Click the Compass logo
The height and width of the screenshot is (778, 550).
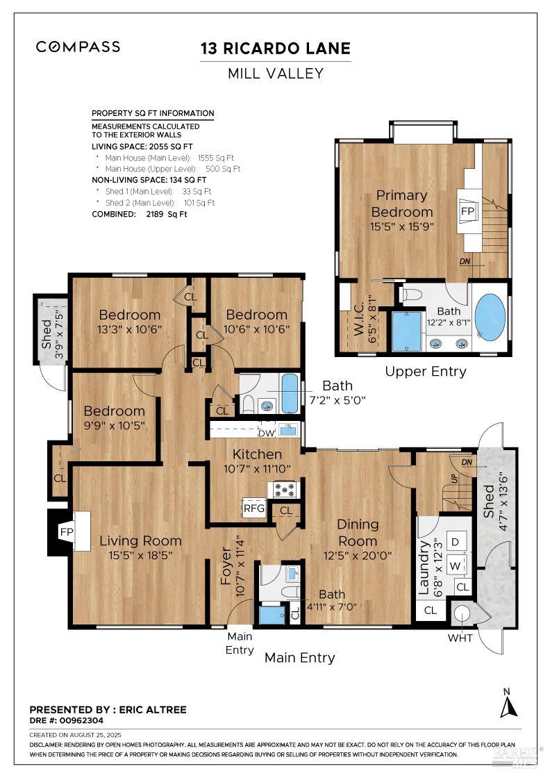click(78, 47)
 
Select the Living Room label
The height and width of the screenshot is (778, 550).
click(140, 541)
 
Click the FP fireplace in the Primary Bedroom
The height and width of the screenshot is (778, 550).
click(467, 211)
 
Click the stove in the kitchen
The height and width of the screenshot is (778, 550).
click(284, 490)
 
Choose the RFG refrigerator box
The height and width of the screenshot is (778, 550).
click(254, 508)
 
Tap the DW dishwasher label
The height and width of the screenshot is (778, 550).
click(267, 433)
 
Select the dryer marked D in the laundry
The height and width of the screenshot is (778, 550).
click(456, 542)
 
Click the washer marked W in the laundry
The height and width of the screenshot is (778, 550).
click(456, 565)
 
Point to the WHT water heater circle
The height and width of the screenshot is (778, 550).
click(462, 614)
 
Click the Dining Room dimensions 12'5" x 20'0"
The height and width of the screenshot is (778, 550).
click(358, 556)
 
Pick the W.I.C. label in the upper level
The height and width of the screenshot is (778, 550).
click(360, 317)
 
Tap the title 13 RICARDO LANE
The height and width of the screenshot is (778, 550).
click(275, 49)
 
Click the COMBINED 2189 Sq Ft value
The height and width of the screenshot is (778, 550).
click(167, 215)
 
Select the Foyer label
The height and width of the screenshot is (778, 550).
click(226, 566)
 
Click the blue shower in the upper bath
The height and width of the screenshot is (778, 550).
click(407, 331)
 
